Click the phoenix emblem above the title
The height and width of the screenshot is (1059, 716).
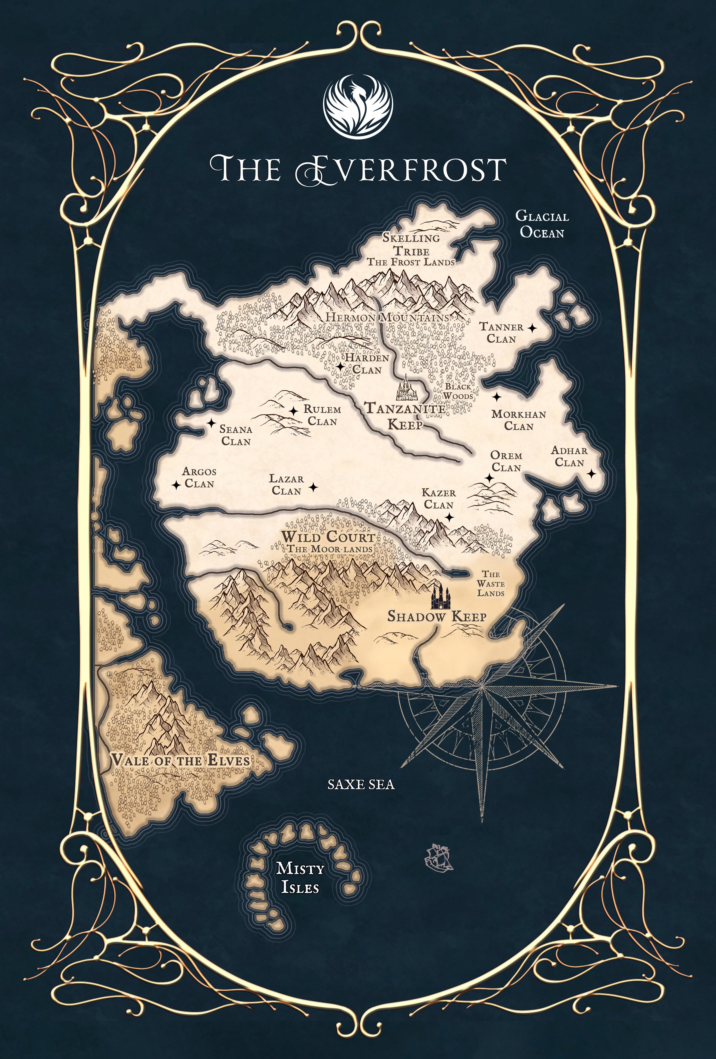[358, 106]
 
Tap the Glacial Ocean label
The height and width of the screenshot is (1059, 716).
[542, 224]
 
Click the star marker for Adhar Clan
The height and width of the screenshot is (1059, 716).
[591, 474]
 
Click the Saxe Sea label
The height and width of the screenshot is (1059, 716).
[361, 784]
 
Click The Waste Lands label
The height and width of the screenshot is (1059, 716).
[491, 584]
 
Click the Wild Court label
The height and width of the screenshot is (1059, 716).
[328, 537]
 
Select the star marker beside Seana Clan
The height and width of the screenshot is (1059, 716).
[211, 423]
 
